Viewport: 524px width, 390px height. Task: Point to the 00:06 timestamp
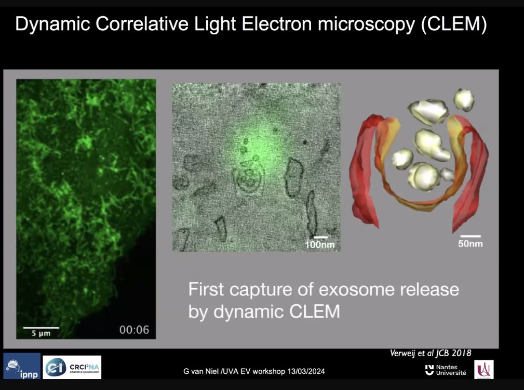[x=134, y=329]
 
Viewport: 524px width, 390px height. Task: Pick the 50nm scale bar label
[x=470, y=243]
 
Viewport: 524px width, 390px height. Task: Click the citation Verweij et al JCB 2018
[x=431, y=354]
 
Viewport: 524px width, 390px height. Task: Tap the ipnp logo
[x=21, y=366]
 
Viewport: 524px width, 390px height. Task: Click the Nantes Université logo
[x=445, y=370]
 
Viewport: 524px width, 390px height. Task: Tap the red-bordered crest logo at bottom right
[x=483, y=369]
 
